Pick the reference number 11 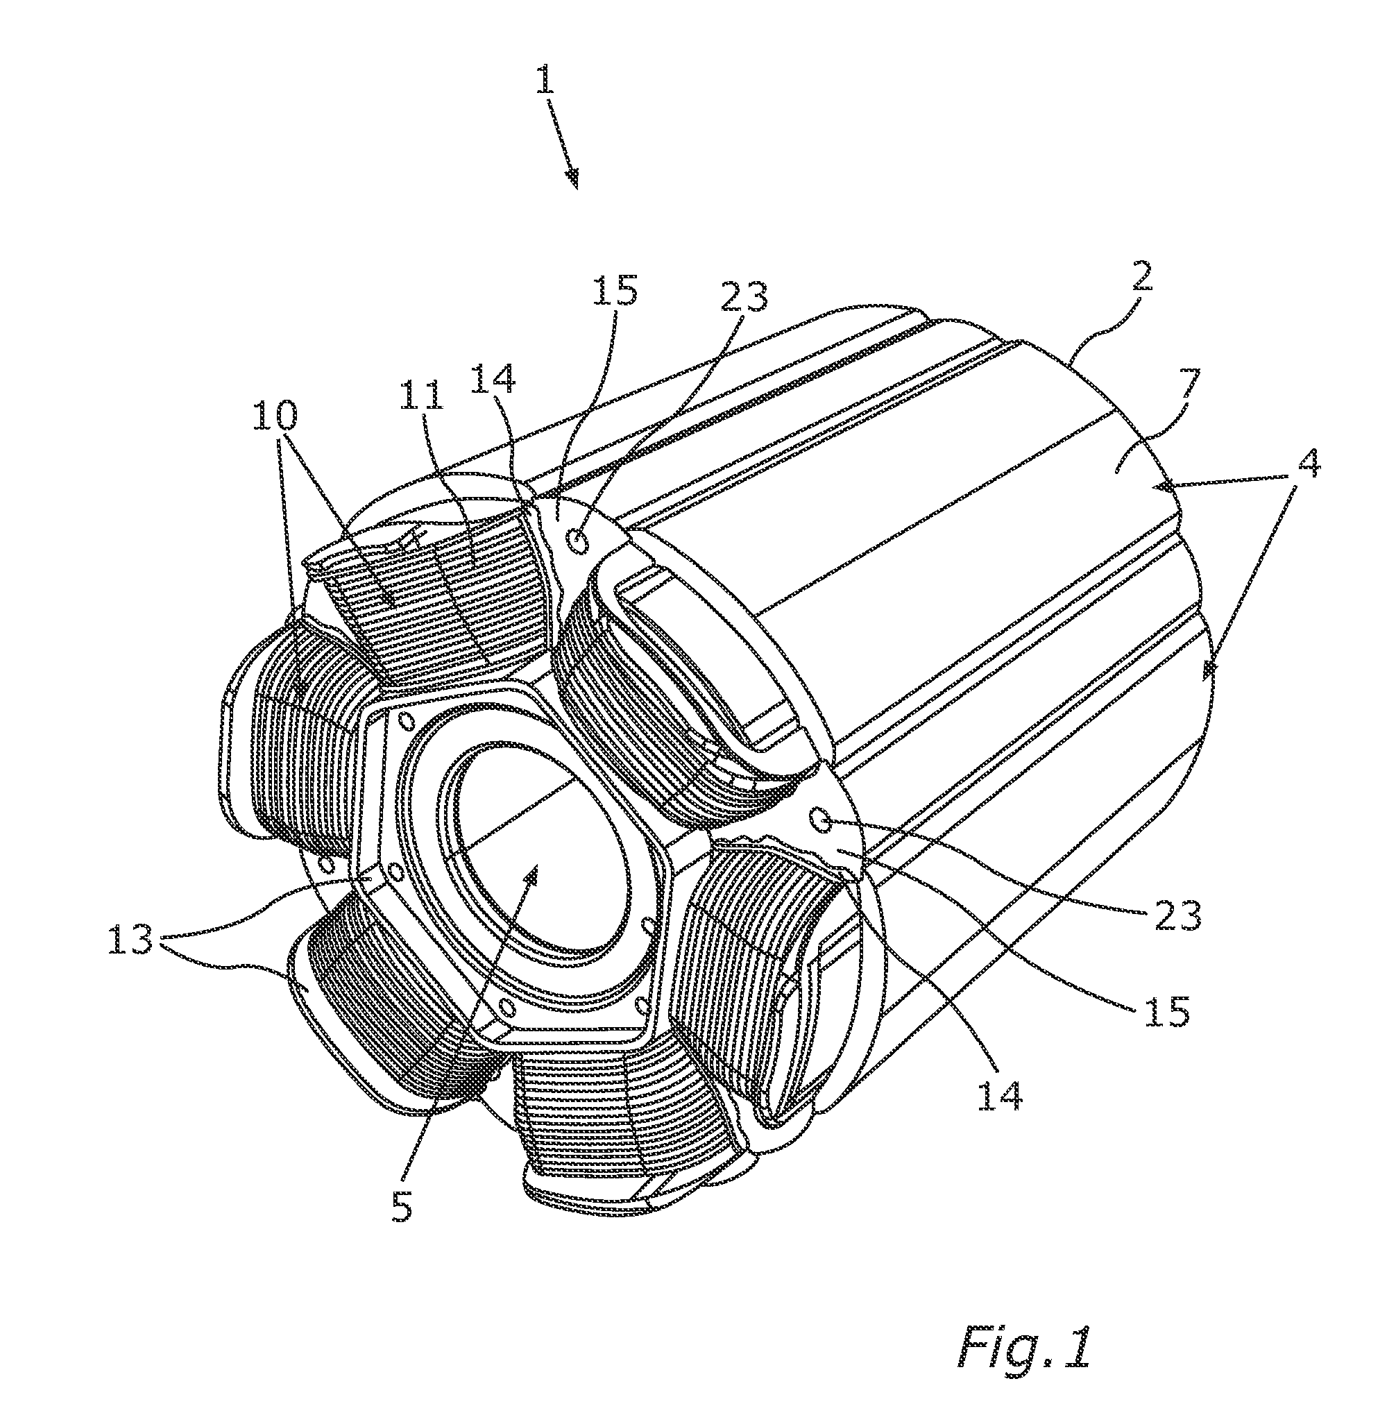coord(423,396)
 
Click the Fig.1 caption coord(1025,1346)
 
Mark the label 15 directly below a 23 coord(1166,1013)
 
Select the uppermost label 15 coord(615,291)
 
